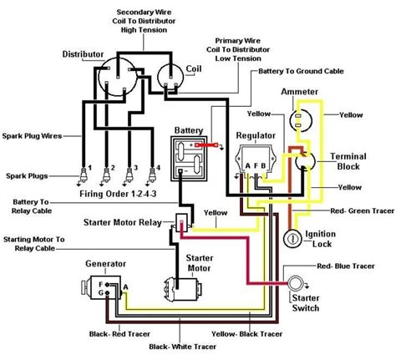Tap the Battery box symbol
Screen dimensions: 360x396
click(190, 156)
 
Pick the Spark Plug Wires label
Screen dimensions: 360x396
click(37, 132)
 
